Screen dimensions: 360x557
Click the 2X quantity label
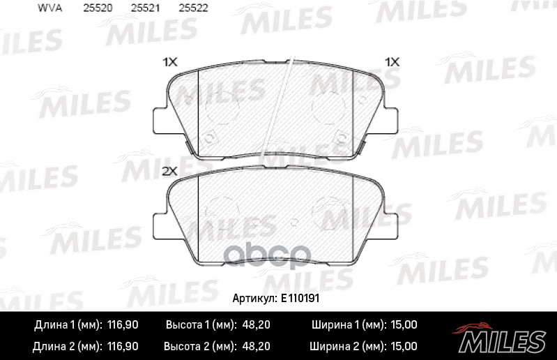coord(170,170)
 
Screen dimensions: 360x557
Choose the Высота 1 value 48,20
coord(257,325)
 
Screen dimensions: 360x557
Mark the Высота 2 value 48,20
coord(257,346)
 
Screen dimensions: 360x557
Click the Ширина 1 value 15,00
coord(404,325)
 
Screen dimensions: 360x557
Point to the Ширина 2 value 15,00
coord(404,346)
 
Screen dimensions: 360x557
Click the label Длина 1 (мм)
coord(68,325)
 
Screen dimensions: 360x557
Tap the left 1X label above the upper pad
coord(170,62)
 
